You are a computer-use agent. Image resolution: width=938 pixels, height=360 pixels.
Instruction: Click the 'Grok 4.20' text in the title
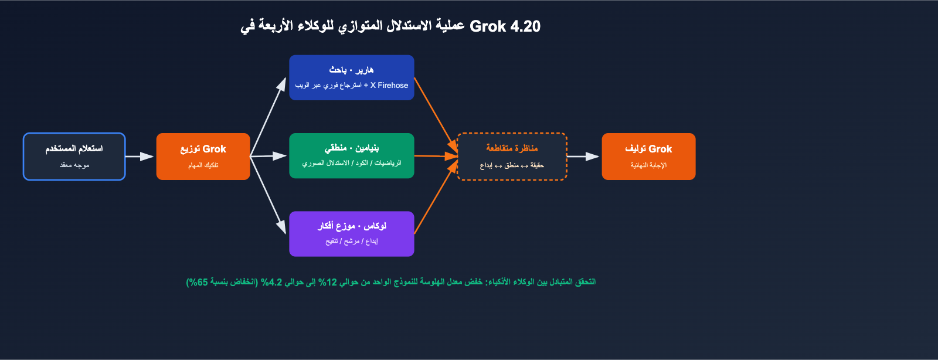click(x=505, y=26)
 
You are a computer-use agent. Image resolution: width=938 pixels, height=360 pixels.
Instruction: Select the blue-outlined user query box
click(x=74, y=157)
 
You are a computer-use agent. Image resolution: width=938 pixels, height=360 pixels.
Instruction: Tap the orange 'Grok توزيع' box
click(x=203, y=157)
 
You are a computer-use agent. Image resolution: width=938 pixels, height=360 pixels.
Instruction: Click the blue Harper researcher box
click(x=351, y=77)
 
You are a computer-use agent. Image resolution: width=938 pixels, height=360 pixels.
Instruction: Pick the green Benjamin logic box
click(x=351, y=156)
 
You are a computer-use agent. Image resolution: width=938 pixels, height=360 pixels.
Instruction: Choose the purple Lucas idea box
click(x=351, y=234)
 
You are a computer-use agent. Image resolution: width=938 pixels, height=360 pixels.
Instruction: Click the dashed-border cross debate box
click(x=511, y=157)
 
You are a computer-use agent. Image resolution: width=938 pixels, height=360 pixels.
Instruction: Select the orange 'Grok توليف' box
click(x=648, y=157)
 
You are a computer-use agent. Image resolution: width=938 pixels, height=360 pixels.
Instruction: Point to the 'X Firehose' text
click(x=389, y=86)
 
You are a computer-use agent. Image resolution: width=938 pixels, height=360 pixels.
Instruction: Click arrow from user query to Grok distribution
click(x=140, y=157)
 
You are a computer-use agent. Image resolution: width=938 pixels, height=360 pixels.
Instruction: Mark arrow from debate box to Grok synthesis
click(x=583, y=157)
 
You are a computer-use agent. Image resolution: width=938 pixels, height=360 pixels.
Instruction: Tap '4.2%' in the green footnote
click(x=273, y=282)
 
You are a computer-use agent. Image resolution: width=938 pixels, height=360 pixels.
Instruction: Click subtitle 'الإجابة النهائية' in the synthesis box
click(x=648, y=165)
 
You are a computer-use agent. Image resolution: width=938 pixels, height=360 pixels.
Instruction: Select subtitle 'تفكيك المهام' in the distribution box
click(x=203, y=165)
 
